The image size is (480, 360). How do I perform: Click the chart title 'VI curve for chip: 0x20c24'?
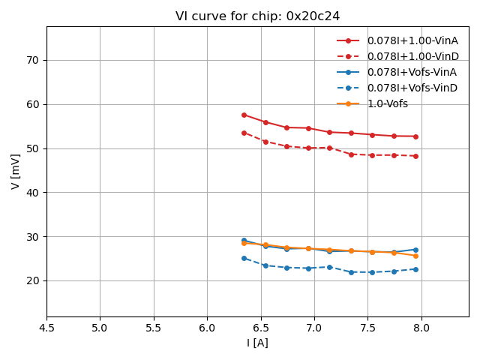[257, 16]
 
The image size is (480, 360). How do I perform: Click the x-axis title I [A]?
[257, 343]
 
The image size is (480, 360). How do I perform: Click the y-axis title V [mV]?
[16, 171]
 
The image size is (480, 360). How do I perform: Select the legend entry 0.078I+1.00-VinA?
[412, 40]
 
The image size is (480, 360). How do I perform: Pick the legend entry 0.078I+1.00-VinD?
[412, 56]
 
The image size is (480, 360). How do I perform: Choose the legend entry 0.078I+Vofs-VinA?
[412, 72]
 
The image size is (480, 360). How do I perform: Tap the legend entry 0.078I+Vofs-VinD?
[412, 88]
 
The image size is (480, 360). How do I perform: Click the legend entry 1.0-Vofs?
[387, 103]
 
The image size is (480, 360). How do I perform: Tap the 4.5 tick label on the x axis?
[46, 328]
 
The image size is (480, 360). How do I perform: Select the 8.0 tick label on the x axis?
[421, 328]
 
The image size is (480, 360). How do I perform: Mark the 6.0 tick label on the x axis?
[207, 328]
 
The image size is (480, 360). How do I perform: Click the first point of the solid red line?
[244, 115]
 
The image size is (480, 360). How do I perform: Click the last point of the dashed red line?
[415, 156]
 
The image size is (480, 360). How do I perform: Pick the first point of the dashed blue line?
[244, 258]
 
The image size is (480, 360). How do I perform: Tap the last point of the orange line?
[415, 256]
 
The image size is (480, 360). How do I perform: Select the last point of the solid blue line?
[415, 250]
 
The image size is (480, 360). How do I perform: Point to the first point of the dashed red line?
[244, 133]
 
